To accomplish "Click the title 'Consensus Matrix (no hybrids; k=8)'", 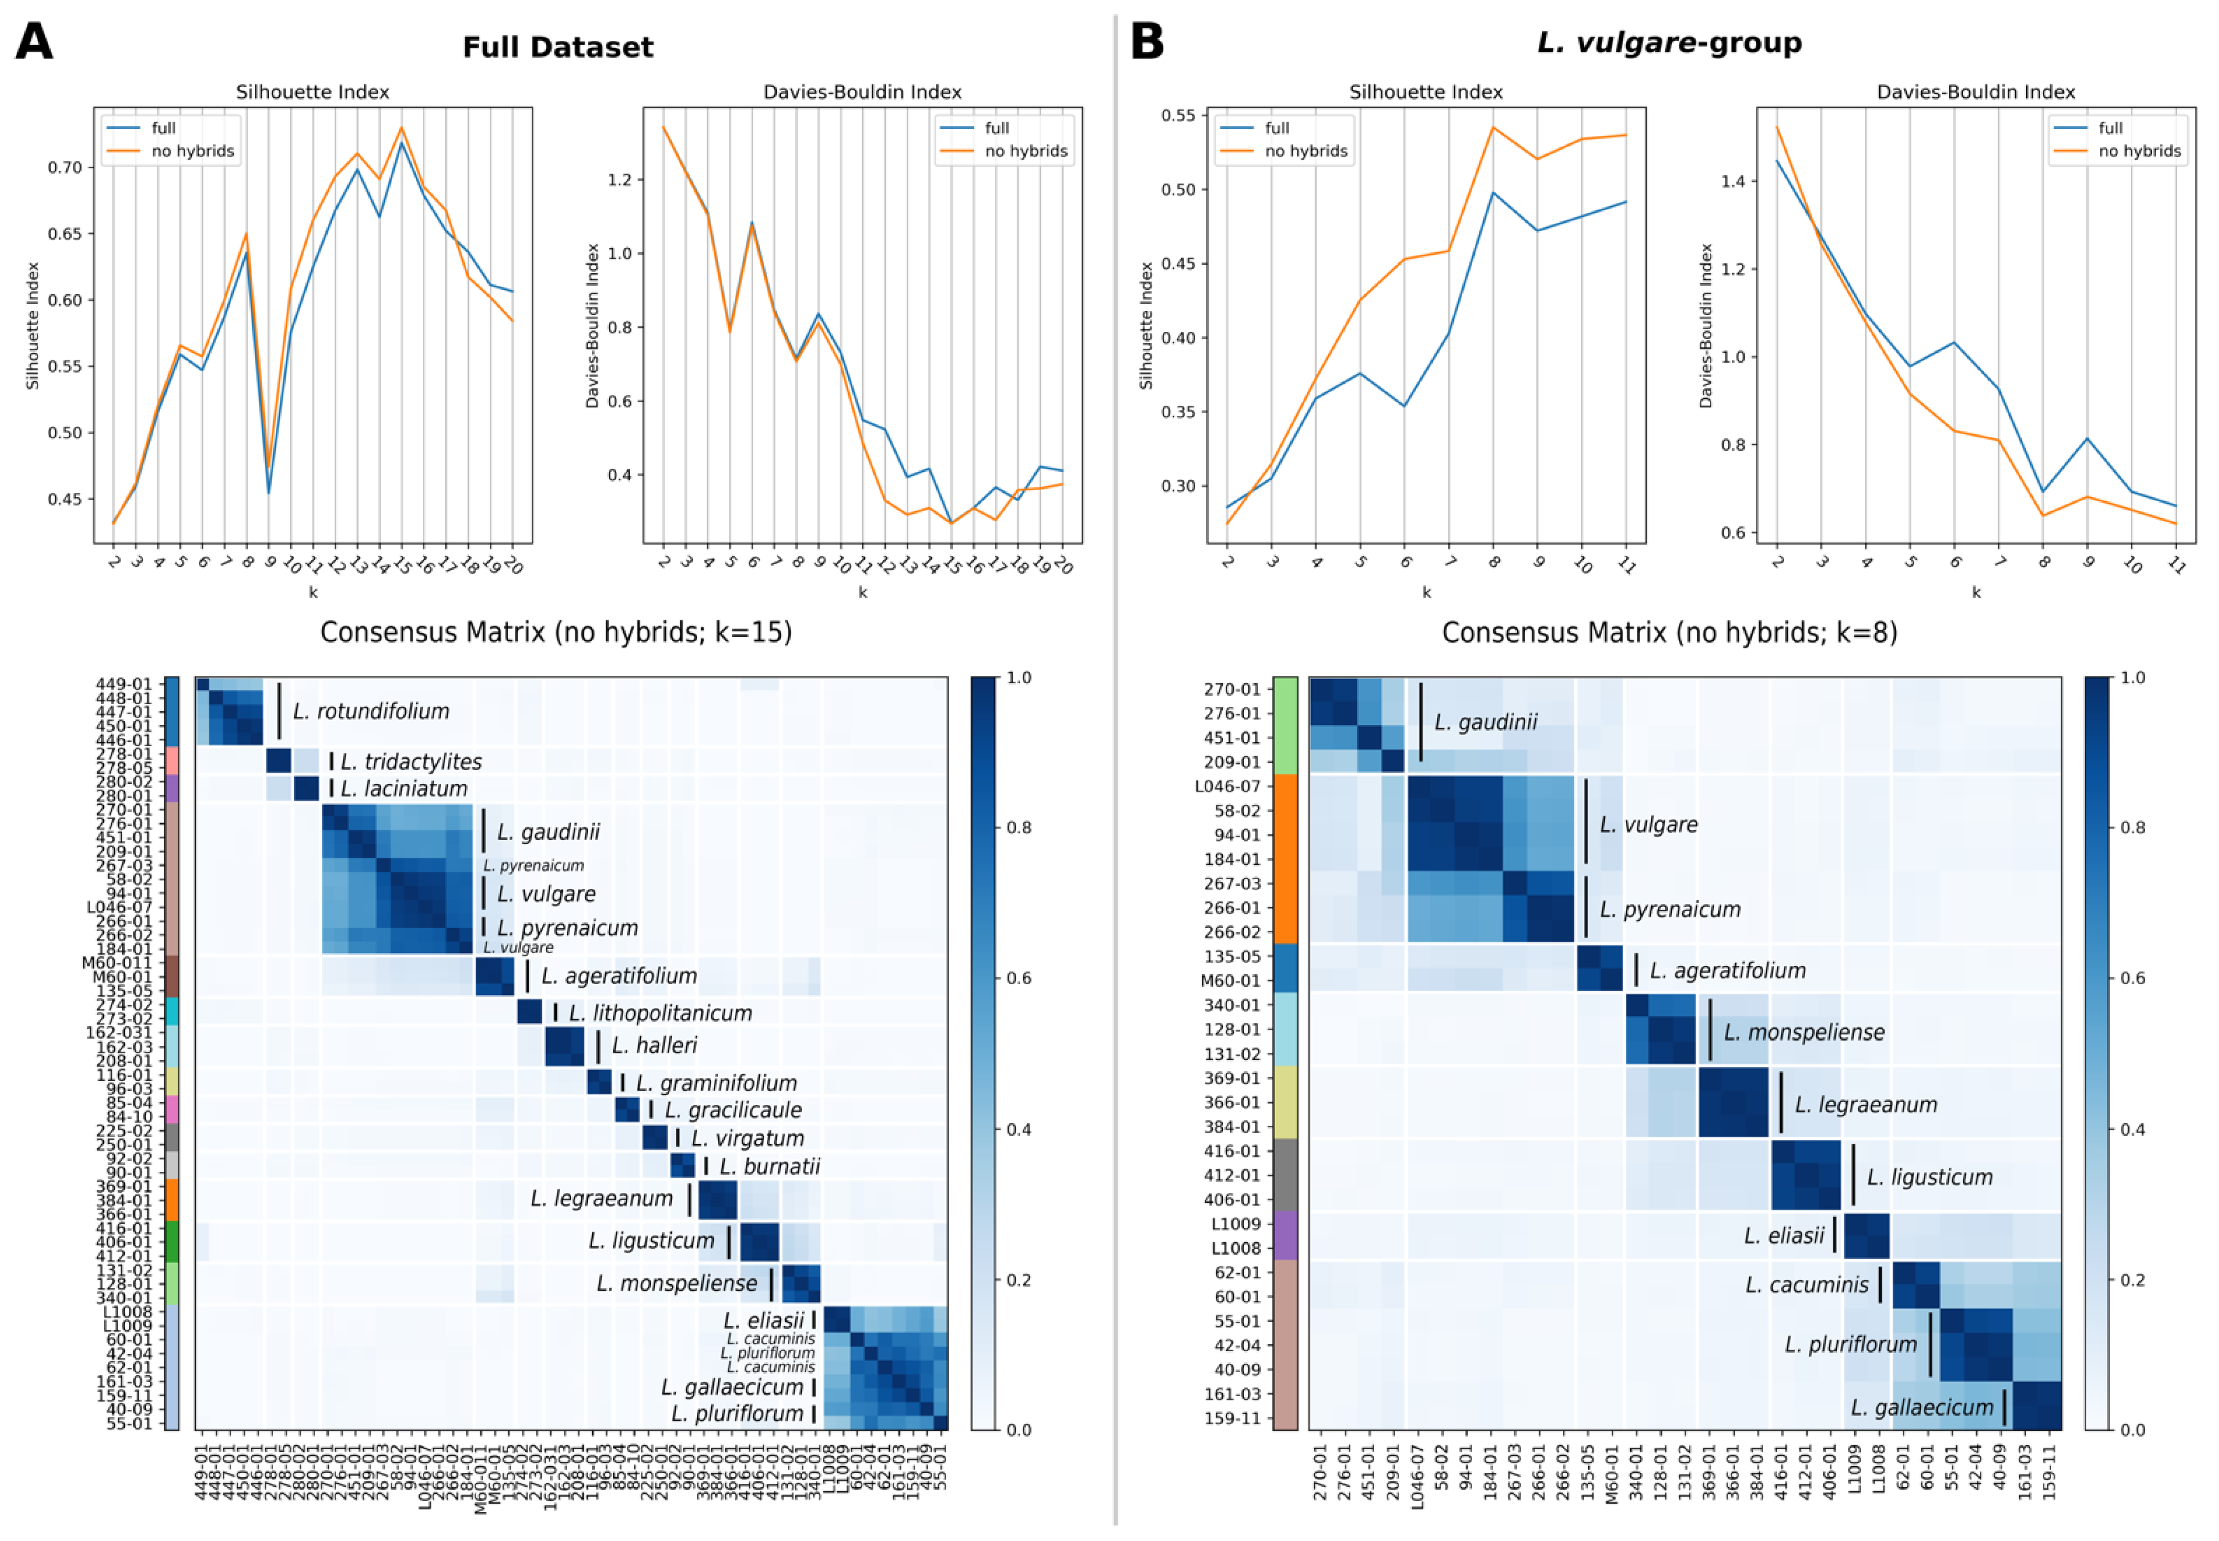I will coord(1669,632).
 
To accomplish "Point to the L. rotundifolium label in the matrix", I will coord(371,712).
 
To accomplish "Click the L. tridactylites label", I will coord(410,762).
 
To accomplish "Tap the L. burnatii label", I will coord(769,1167).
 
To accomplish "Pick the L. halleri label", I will coord(653,1044).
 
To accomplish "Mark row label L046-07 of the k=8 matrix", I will coord(1227,786).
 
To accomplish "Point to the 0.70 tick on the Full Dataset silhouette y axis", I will coord(65,168).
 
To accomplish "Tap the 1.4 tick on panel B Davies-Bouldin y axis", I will coord(1733,181).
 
